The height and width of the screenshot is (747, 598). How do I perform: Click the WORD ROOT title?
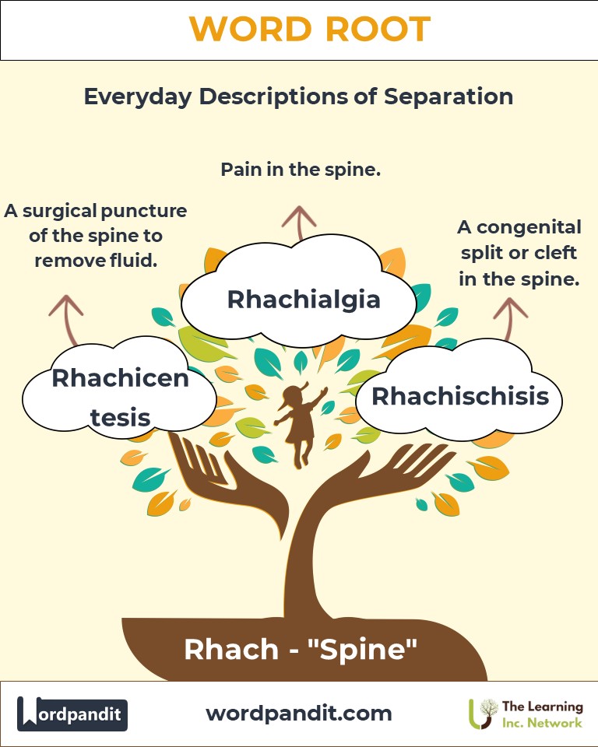310,30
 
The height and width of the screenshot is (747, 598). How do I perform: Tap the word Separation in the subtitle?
448,96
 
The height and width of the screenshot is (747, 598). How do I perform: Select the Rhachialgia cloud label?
304,300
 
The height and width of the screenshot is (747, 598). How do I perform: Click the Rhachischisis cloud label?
460,396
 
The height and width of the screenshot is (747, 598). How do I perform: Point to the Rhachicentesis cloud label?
120,398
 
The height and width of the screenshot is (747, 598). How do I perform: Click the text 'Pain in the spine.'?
301,169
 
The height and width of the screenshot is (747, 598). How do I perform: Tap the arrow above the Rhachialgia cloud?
299,223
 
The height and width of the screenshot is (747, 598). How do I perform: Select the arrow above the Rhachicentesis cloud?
67,320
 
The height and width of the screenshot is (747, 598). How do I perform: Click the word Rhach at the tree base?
231,649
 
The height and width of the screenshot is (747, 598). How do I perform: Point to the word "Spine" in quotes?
363,649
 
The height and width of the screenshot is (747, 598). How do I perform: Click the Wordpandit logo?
72,714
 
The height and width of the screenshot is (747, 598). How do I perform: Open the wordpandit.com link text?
299,714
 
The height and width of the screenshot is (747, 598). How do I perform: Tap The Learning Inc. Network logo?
526,714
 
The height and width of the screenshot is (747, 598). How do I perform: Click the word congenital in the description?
529,227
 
